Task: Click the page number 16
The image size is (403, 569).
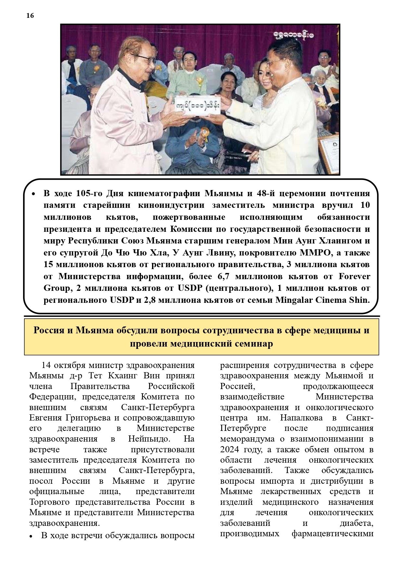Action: pos(30,16)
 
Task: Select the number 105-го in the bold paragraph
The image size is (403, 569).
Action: pos(89,194)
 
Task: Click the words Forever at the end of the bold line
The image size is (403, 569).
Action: pos(354,277)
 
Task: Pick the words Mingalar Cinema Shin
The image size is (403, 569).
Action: pos(322,300)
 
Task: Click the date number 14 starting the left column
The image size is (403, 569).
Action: pos(46,365)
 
